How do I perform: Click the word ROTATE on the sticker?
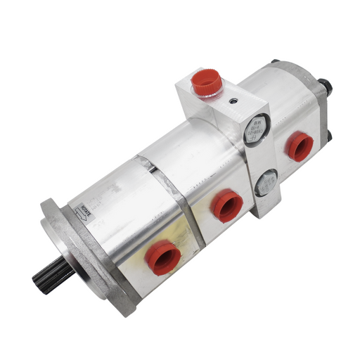[x=86, y=210]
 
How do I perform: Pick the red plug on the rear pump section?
[x=299, y=146]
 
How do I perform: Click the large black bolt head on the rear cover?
[x=324, y=88]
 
